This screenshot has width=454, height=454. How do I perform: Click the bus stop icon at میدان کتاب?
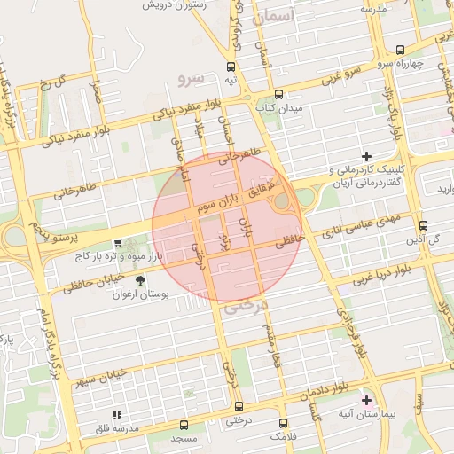click(x=279, y=94)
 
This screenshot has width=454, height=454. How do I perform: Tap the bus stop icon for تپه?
click(x=231, y=67)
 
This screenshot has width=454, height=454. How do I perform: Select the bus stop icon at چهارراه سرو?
click(x=400, y=50)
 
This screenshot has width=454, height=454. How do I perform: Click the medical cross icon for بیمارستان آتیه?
click(x=367, y=400)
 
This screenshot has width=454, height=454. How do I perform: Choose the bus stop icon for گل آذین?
click(x=423, y=225)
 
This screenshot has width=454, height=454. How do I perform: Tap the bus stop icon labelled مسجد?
click(x=184, y=425)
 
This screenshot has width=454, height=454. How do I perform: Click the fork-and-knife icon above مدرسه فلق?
click(x=116, y=414)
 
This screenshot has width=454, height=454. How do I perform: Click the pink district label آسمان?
click(x=270, y=17)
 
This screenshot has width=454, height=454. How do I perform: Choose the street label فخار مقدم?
click(x=269, y=341)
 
